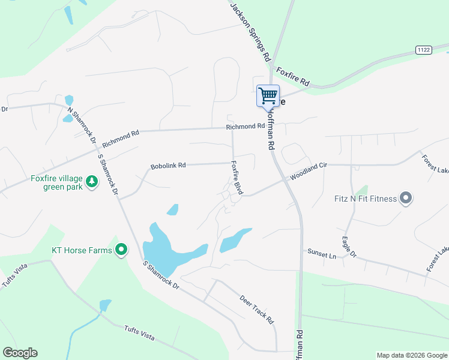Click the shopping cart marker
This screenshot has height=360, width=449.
point(268,95)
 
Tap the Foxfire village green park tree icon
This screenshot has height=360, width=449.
point(92,181)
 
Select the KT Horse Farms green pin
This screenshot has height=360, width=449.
point(121,250)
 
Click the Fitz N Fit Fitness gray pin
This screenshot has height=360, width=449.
point(406,198)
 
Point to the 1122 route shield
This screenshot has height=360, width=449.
point(424,50)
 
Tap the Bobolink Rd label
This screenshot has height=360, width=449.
point(168,165)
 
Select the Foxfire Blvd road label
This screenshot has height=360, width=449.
point(237,178)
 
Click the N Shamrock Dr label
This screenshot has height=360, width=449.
point(82,122)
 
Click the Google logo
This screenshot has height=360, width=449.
point(20,353)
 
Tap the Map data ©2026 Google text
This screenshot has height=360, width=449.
point(411,355)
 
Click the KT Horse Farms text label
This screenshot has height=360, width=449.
point(82,250)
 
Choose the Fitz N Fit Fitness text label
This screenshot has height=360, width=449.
point(366,199)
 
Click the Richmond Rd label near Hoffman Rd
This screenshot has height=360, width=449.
point(245,127)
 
